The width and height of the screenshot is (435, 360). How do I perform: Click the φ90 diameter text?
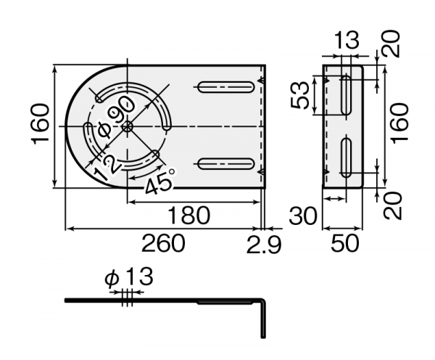[117, 118]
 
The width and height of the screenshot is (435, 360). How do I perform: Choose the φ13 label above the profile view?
[129, 277]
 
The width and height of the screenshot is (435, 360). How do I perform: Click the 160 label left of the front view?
[41, 124]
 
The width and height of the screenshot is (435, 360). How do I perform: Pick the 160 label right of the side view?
[398, 125]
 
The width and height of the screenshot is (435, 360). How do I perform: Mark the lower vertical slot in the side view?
[347, 160]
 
